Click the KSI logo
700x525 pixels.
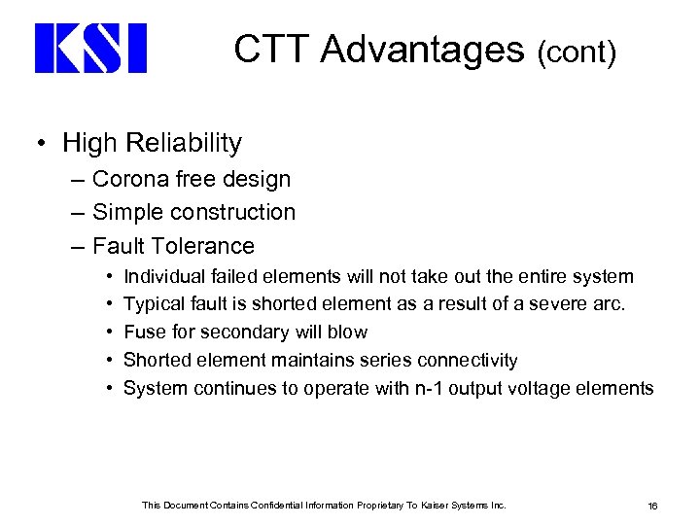pyautogui.click(x=90, y=49)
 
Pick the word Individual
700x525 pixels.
pyautogui.click(x=164, y=277)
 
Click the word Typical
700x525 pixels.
pyautogui.click(x=156, y=304)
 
